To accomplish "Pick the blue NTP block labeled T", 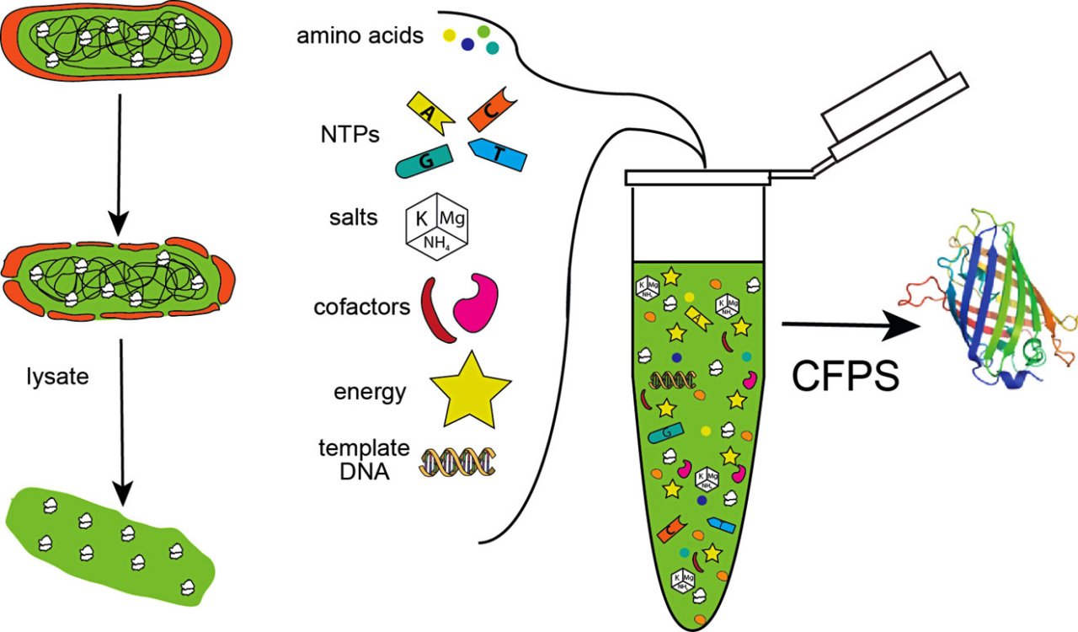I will (x=498, y=156).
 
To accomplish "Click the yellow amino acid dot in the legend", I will (x=450, y=35).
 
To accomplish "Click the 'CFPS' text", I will (x=844, y=375).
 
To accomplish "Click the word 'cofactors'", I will (x=360, y=307).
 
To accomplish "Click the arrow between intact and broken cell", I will (x=120, y=163).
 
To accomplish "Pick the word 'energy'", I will (x=370, y=391).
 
